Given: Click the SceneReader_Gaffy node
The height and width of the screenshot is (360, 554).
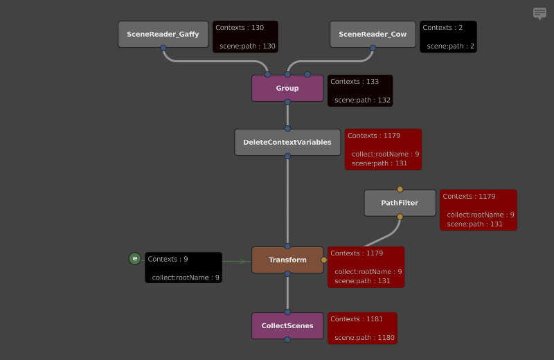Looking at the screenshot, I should coord(163,34).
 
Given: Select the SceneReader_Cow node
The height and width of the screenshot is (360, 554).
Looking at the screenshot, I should coord(373,34).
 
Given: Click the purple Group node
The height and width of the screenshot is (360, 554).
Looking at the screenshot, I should coord(287,88).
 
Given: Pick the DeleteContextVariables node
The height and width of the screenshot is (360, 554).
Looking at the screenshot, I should coord(287,142).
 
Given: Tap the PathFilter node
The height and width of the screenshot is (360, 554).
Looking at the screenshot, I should coord(400,203).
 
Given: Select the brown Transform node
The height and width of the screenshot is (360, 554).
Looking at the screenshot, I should coord(287,260).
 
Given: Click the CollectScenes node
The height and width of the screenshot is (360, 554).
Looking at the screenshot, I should coord(287,325).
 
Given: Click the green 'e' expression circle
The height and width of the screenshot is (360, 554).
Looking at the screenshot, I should coord(135,259).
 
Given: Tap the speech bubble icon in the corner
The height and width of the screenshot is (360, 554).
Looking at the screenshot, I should coord(539,13).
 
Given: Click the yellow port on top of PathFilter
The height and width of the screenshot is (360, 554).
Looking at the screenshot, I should coord(400,189).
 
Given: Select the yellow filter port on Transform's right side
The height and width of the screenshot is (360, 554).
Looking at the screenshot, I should coord(323,260).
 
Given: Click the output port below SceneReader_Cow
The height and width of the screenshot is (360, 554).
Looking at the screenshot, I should coord(373,48).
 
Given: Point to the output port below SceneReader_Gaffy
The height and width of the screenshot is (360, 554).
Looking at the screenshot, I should coord(163,48).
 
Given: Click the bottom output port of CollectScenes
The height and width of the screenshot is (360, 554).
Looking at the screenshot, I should coord(287,339).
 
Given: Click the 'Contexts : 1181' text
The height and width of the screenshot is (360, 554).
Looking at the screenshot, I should coord(356,319).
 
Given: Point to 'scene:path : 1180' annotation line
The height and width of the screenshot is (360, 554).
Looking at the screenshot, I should coord(364,337).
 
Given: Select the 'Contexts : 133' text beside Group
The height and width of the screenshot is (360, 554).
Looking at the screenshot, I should coord(355,82).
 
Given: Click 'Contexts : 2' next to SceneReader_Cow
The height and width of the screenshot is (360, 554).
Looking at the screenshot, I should coord(438,28).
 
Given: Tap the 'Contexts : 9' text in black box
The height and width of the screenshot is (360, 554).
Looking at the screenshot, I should coord(168,259).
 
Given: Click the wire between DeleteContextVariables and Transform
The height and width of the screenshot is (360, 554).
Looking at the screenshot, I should coord(287,201).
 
